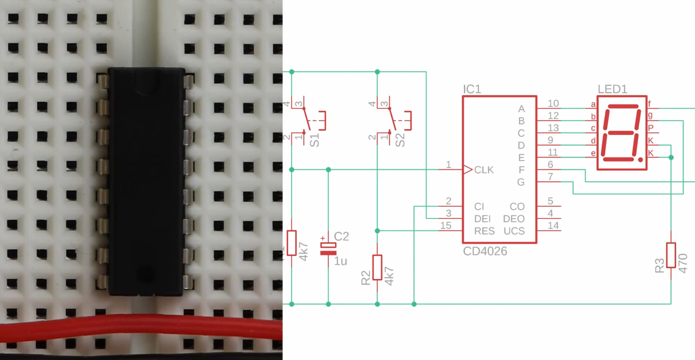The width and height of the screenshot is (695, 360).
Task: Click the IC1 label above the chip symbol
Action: (471, 89)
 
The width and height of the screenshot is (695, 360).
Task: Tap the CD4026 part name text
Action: (485, 251)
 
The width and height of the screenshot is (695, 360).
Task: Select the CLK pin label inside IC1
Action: (484, 170)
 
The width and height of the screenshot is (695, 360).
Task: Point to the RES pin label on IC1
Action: (484, 231)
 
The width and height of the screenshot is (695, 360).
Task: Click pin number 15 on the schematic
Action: (446, 225)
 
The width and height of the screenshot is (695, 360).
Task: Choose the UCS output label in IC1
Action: (514, 231)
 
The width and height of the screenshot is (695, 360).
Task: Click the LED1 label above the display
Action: (612, 89)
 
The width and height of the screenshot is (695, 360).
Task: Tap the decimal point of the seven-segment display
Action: (640, 160)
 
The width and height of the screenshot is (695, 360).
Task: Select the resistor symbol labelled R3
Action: (671, 255)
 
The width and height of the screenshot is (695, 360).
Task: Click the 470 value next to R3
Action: (683, 263)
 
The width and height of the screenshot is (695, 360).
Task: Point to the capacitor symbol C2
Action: (328, 249)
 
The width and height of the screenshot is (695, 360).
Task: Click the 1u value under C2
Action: (340, 261)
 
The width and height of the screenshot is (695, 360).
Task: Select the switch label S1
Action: (314, 140)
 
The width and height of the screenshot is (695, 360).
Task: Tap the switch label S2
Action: (400, 140)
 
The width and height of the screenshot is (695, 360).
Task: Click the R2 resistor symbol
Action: (377, 267)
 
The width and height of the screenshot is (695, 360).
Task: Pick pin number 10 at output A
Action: (553, 104)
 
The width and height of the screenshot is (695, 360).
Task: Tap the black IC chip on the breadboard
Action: (146, 181)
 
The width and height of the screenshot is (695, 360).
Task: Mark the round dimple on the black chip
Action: (145, 273)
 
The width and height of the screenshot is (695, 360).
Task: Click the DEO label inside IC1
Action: (514, 219)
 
